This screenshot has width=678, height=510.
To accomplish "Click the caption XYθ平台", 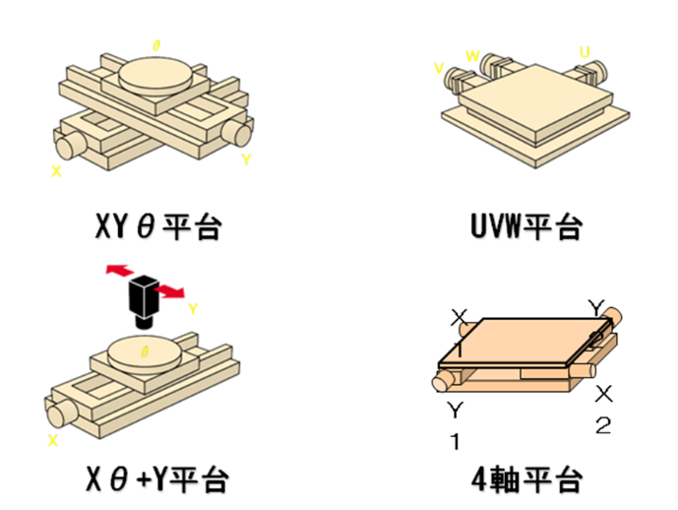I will [x=156, y=228].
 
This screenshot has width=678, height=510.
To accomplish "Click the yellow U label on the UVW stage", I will [x=586, y=51].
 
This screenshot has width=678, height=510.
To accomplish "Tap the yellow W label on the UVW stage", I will [x=472, y=56].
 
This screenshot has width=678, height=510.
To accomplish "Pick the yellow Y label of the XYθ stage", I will [x=245, y=158].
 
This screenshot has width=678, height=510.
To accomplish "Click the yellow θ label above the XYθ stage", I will [x=156, y=44].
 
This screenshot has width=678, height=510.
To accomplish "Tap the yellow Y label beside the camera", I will [x=193, y=308].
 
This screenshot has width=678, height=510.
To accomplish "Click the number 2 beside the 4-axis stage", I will [x=604, y=425].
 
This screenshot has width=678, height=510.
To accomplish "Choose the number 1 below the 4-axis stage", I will [x=455, y=442].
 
